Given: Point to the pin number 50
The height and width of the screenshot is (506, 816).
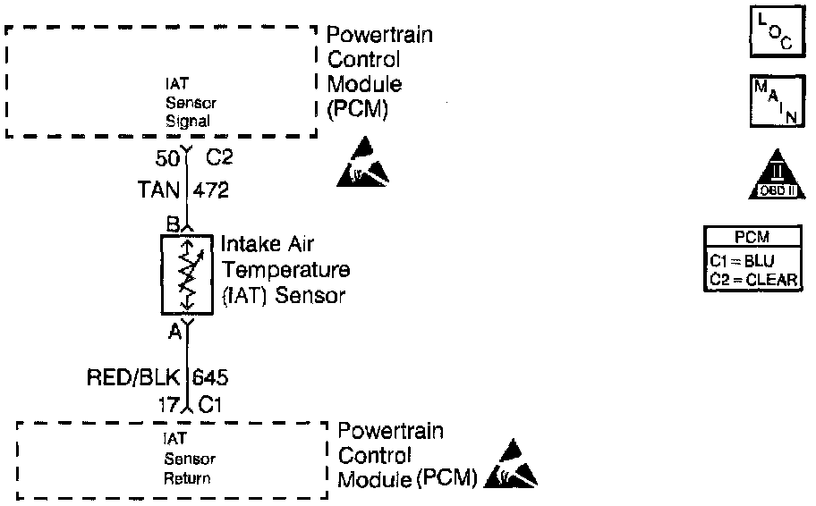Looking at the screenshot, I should [168, 159].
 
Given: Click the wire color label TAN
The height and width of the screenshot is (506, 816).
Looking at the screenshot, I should [158, 190].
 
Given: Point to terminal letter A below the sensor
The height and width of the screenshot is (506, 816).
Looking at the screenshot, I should [174, 333].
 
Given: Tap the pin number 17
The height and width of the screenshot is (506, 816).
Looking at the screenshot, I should [168, 404].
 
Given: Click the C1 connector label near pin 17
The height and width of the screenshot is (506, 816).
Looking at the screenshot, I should [211, 405].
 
